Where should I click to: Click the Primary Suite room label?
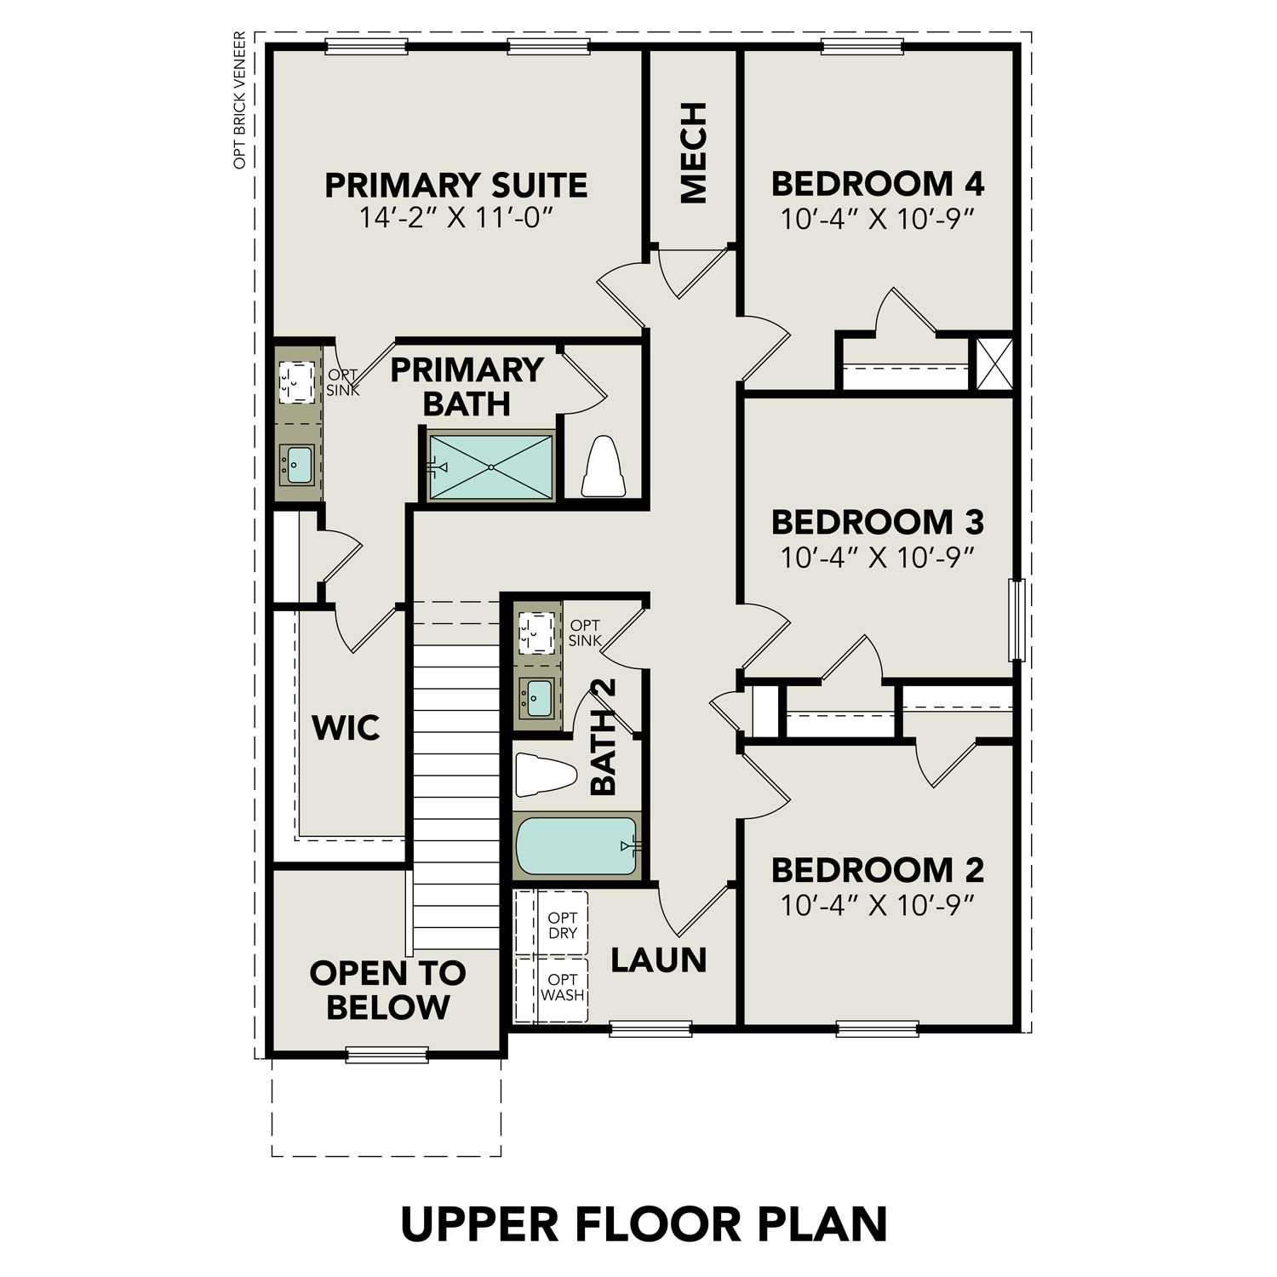[x=455, y=185]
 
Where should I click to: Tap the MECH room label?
[x=694, y=153]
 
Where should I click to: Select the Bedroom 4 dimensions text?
[x=877, y=220]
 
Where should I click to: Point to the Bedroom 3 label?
[x=877, y=521]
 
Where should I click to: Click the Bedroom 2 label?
[x=877, y=870]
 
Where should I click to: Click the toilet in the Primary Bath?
[x=604, y=467]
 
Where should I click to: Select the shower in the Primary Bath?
[x=491, y=466]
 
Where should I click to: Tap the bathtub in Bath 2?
[x=576, y=845]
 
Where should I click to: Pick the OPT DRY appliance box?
[x=562, y=925]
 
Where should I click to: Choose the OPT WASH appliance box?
[x=562, y=988]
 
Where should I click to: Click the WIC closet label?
[x=346, y=729]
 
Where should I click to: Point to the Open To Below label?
[x=387, y=989]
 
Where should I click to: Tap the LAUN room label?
[x=659, y=960]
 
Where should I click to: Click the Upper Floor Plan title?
[x=644, y=1223]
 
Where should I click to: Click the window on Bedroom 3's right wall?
[x=1016, y=619]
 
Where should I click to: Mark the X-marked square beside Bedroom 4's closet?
[x=994, y=364]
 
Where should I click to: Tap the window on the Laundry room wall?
[x=650, y=1028]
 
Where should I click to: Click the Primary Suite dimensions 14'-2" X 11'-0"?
[x=455, y=219]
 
